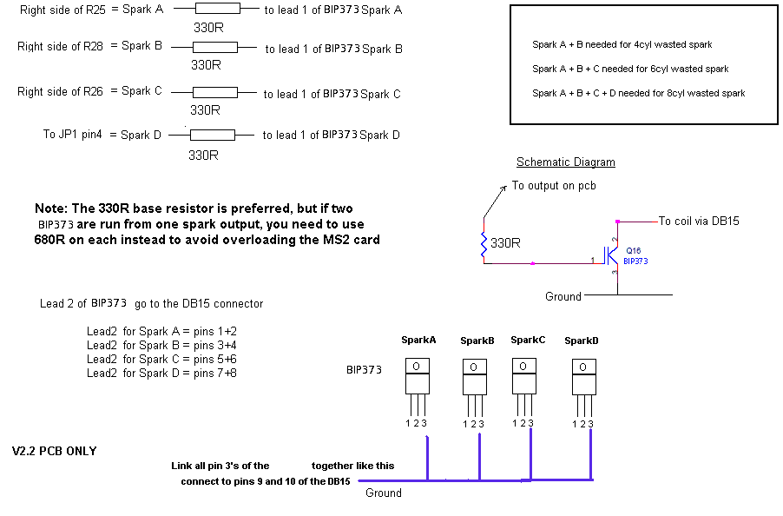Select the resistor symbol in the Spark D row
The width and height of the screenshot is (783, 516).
tap(212, 135)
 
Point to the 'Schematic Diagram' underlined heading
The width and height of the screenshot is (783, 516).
tap(565, 162)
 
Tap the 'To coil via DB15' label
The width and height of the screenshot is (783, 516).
tap(699, 222)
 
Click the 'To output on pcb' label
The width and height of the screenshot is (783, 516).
tap(554, 186)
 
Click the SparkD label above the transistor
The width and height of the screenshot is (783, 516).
tap(582, 341)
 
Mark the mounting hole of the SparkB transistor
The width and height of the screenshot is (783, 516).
tap(474, 367)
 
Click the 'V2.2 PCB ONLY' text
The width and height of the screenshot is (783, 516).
tap(54, 452)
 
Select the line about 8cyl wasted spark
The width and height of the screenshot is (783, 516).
tap(638, 93)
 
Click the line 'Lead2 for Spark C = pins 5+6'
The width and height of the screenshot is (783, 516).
tap(161, 359)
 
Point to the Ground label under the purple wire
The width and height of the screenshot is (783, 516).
tap(383, 493)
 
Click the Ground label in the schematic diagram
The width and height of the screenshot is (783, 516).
tap(563, 297)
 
